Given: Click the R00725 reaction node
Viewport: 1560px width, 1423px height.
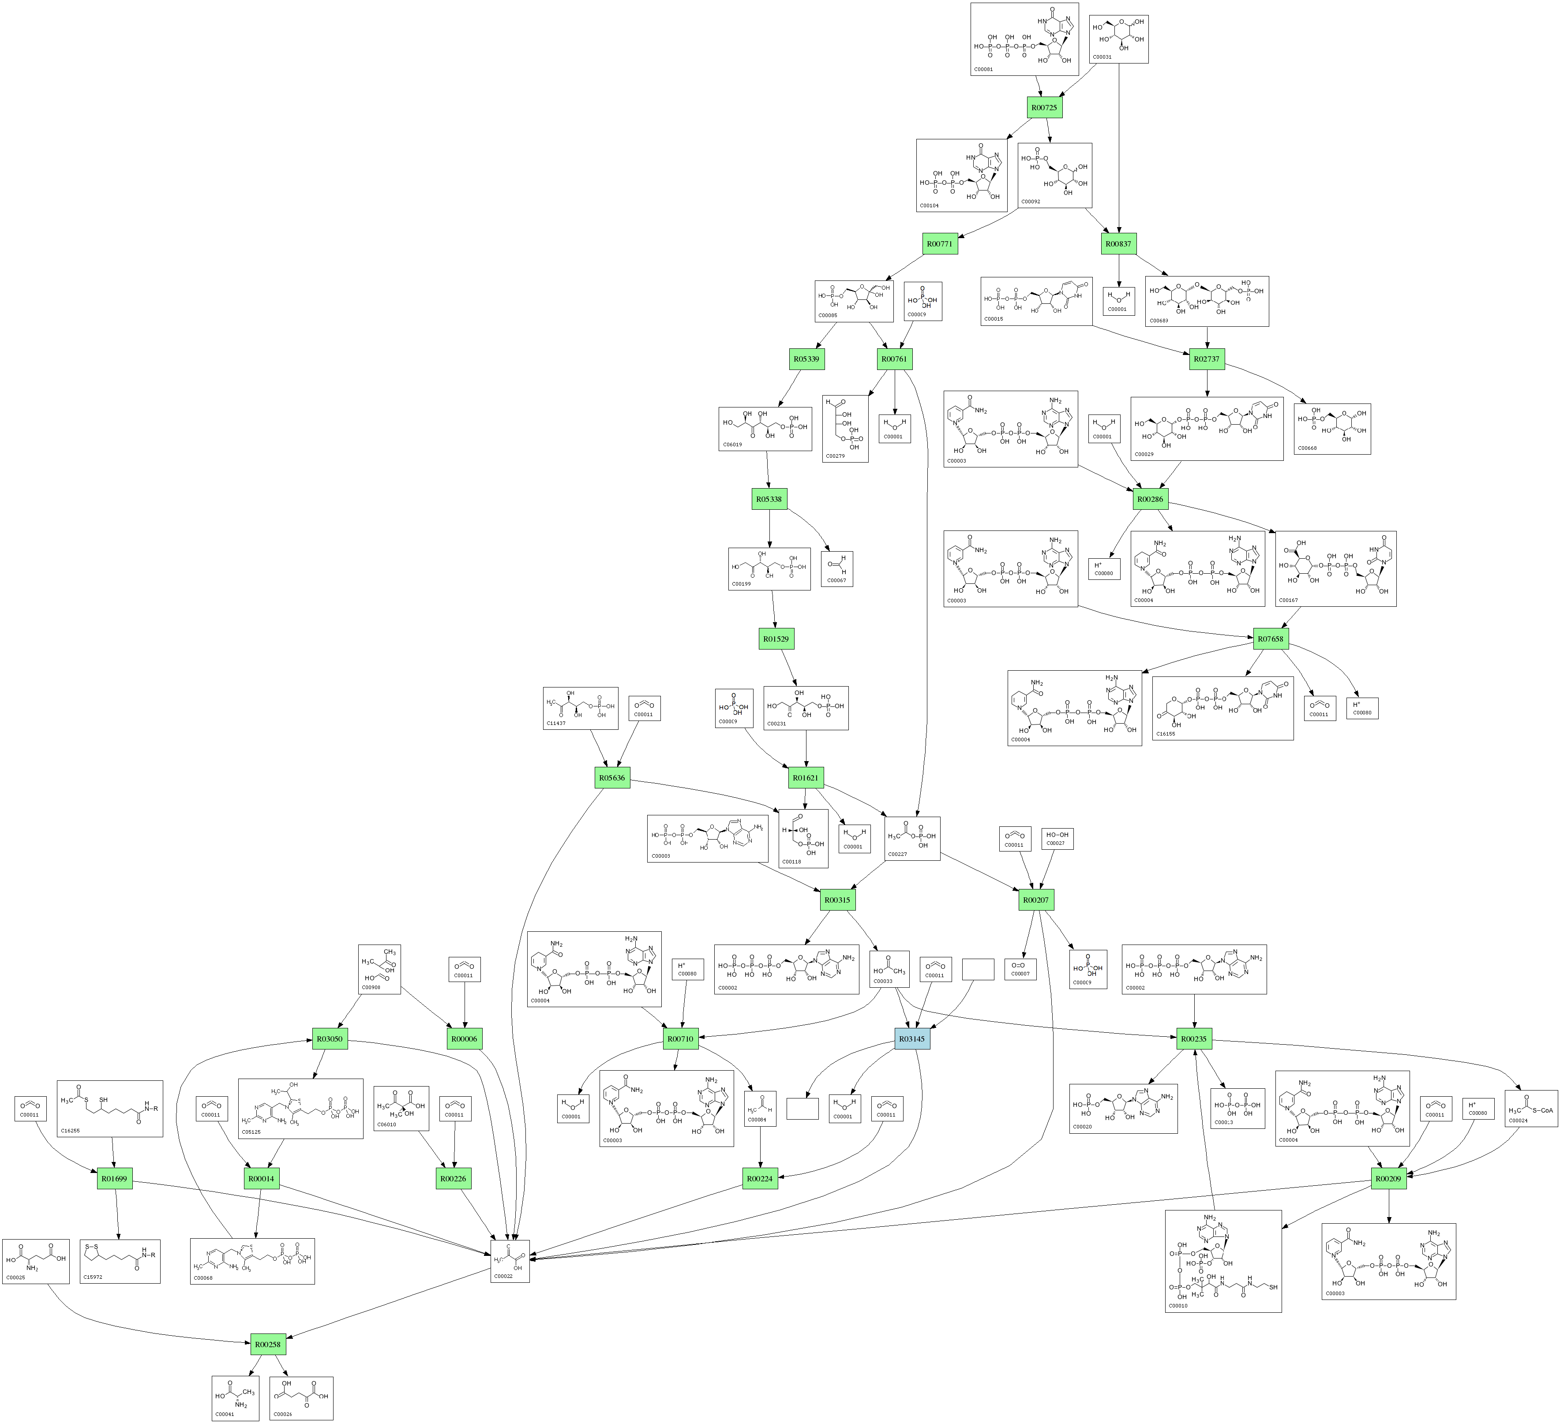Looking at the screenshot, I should tap(1045, 108).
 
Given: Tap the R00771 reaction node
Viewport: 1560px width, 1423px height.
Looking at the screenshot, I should tap(940, 243).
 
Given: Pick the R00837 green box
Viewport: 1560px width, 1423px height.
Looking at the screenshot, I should tap(1118, 243).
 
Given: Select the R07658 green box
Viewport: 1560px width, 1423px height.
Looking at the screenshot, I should tap(1271, 639).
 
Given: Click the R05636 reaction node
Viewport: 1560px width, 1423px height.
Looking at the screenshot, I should tap(612, 778).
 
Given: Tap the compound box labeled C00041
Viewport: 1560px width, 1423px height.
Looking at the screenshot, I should tap(235, 1398).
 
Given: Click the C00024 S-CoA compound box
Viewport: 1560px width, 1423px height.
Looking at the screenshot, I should tap(1530, 1108).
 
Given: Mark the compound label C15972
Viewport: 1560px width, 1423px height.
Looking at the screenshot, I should tap(93, 1277).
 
